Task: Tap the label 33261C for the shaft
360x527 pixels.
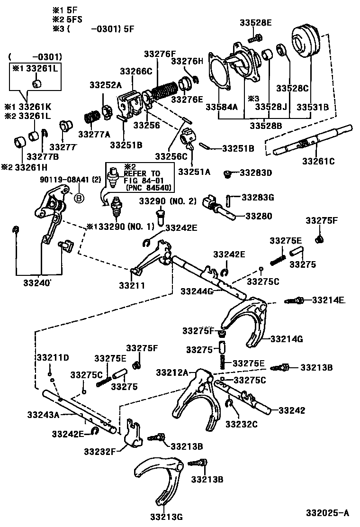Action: pos(318,161)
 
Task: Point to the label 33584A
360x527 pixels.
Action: pos(221,107)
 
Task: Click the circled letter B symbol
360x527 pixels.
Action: pos(78,198)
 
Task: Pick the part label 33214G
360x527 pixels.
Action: pos(287,339)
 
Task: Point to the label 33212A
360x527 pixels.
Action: pos(172,372)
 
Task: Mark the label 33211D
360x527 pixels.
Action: pos(53,357)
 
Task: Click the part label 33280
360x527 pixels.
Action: pos(259,216)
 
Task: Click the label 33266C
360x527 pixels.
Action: pos(136,71)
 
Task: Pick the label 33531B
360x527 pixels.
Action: pos(313,107)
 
